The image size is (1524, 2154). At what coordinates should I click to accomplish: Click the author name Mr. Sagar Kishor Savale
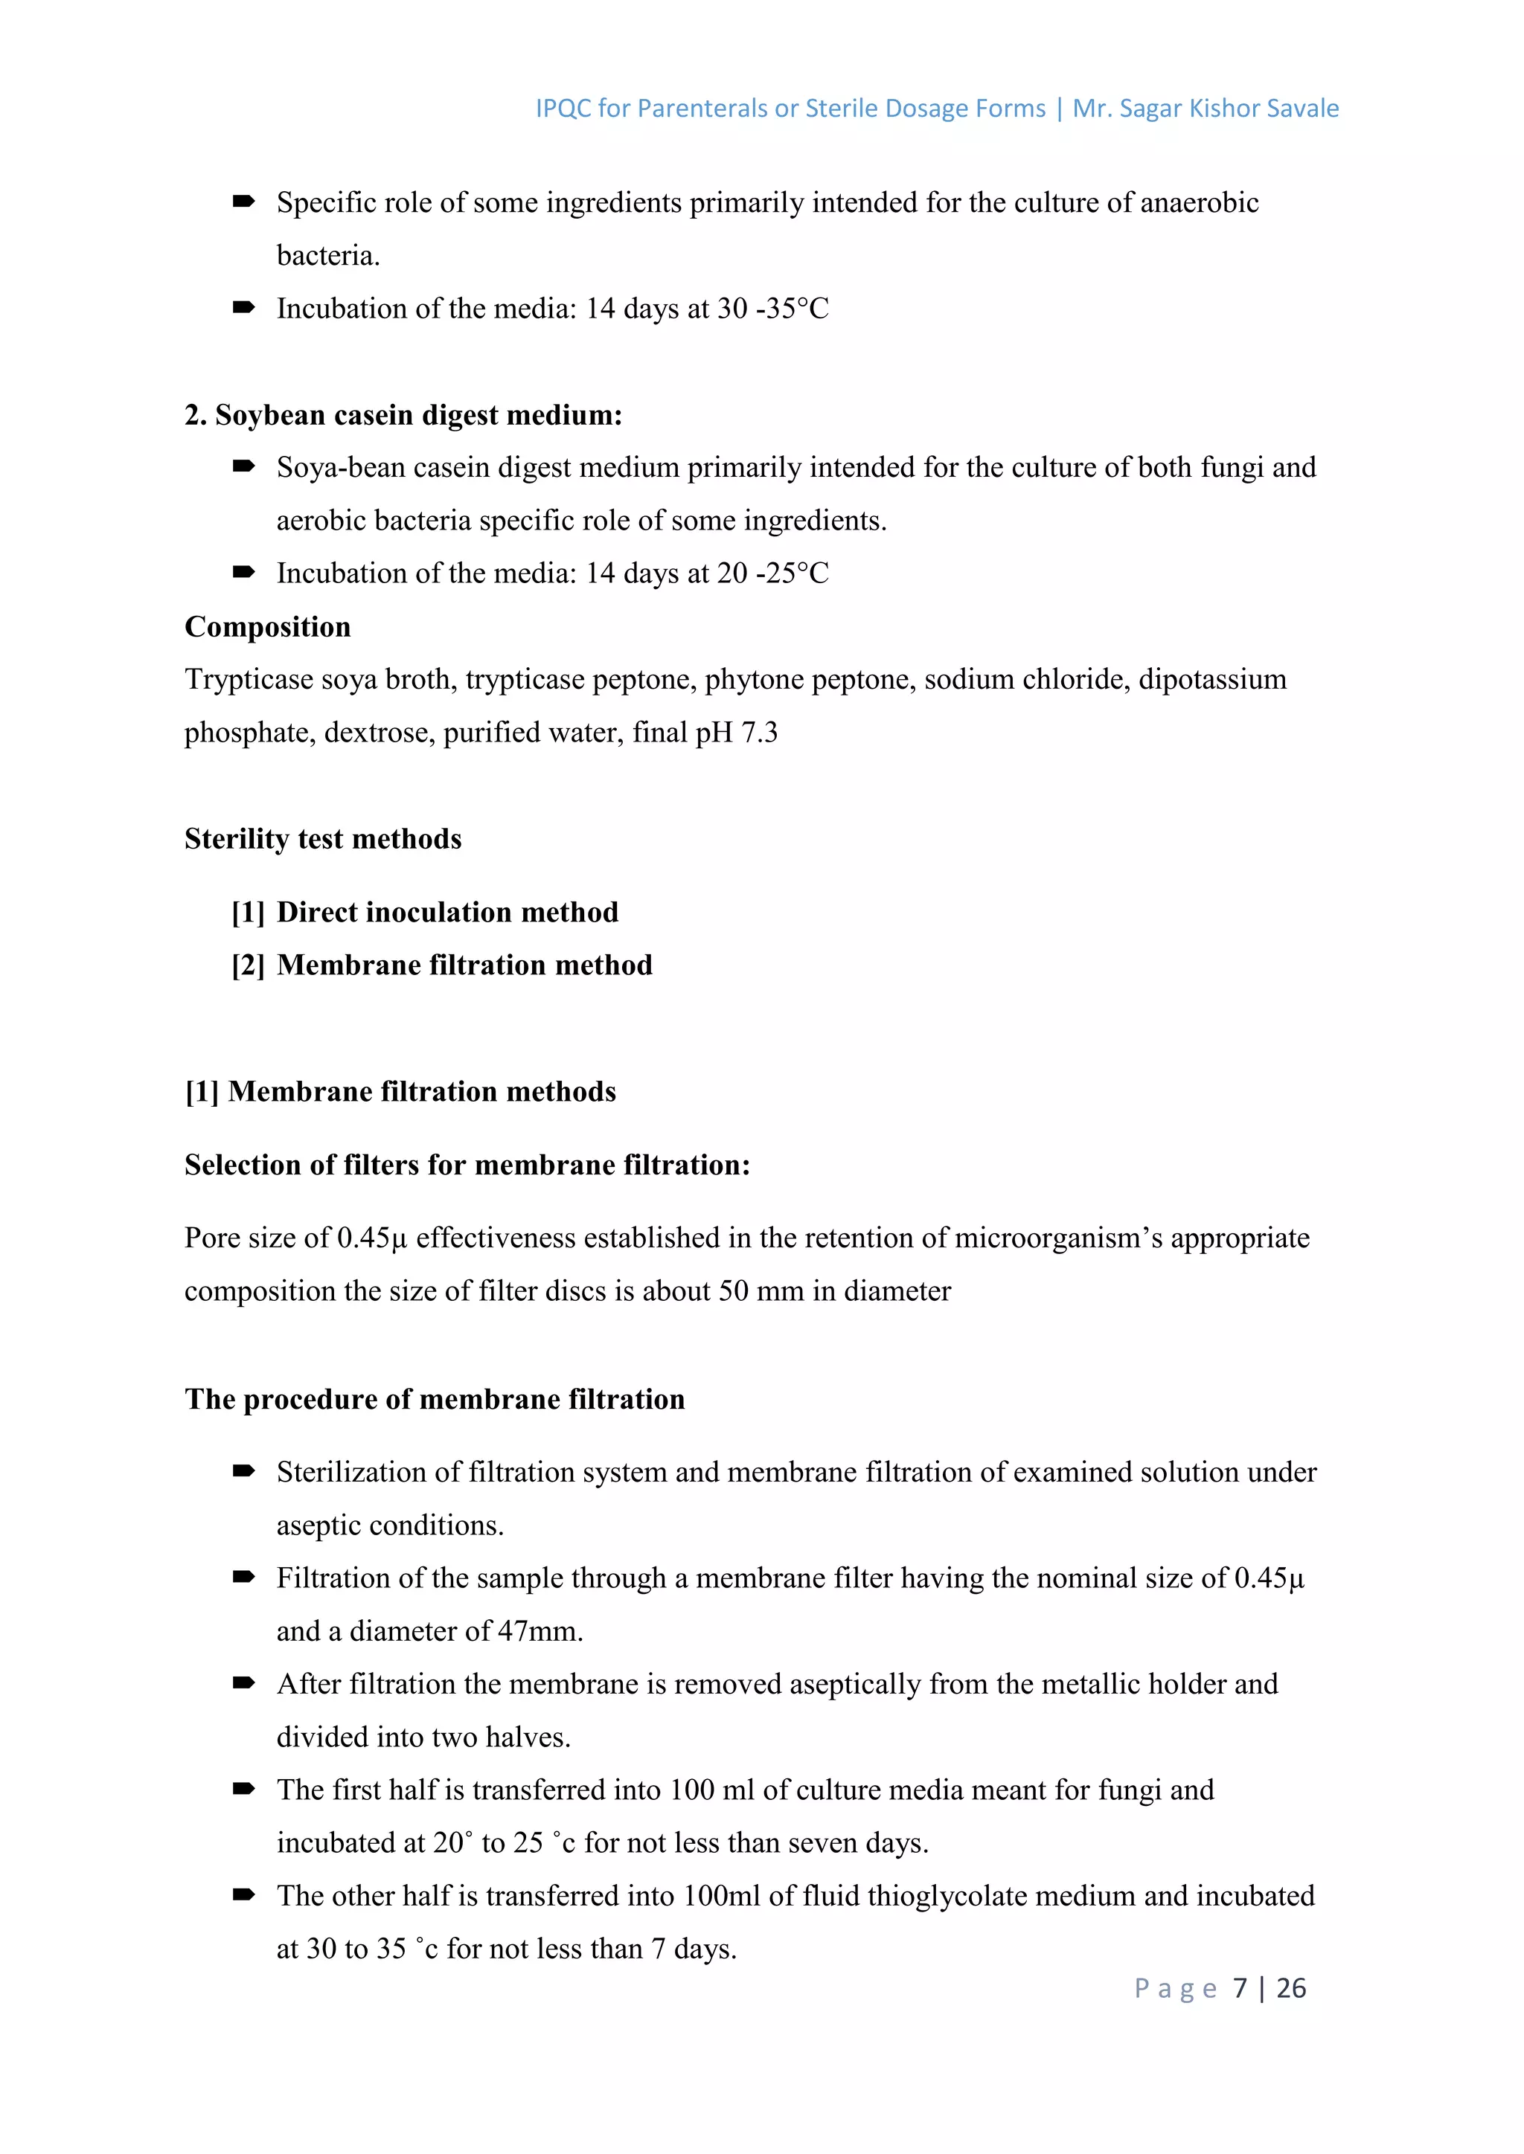[x=1205, y=109]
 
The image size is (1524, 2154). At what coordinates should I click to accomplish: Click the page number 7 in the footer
[x=1240, y=1988]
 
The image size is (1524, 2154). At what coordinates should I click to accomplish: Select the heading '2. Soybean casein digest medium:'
[x=403, y=415]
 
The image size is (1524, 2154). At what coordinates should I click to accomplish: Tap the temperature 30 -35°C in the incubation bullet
[x=773, y=309]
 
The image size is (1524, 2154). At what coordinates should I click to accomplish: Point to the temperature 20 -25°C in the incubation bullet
[x=773, y=573]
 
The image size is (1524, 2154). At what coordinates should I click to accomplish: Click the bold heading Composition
[x=267, y=627]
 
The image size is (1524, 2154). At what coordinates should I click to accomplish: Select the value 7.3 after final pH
[x=759, y=733]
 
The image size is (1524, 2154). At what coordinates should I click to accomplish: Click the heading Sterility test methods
[x=323, y=839]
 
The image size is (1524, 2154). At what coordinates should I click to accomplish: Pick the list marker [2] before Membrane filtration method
[x=248, y=965]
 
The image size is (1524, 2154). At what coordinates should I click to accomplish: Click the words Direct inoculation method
[x=448, y=913]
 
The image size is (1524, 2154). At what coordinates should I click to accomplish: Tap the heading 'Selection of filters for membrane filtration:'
[x=467, y=1166]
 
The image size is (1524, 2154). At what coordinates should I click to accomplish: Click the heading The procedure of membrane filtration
[x=435, y=1400]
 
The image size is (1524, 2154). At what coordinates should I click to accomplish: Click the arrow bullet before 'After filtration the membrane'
[x=244, y=1684]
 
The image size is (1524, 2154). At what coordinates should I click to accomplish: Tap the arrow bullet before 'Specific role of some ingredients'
[x=244, y=202]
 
